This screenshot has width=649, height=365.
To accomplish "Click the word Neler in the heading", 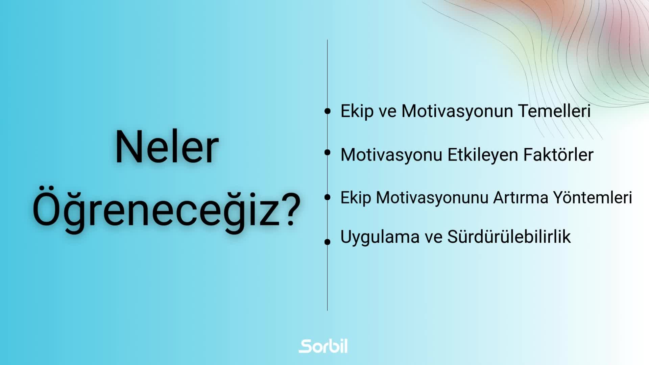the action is (x=167, y=147).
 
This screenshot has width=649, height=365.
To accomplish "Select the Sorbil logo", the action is (x=323, y=346).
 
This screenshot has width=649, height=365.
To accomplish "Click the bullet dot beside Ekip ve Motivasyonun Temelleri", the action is (x=327, y=111).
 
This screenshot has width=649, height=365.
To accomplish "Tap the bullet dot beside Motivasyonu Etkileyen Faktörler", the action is (x=327, y=152).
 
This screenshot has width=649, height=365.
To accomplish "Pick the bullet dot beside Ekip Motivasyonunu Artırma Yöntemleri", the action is (x=327, y=197).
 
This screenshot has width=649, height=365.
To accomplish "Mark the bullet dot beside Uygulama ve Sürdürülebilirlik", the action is (x=327, y=242).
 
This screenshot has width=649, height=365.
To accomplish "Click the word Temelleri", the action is (x=554, y=111).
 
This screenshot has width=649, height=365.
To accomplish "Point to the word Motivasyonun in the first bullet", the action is (x=457, y=112).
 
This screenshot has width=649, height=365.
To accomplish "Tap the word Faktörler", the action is (x=558, y=155).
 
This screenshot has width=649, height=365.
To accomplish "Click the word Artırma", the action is (x=521, y=198).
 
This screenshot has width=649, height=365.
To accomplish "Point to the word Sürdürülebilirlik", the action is (x=509, y=237).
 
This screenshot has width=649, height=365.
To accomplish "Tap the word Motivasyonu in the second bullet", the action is (x=391, y=155).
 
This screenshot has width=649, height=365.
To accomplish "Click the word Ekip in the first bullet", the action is (x=357, y=112).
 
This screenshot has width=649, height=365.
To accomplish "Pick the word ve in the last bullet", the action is (x=433, y=238).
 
